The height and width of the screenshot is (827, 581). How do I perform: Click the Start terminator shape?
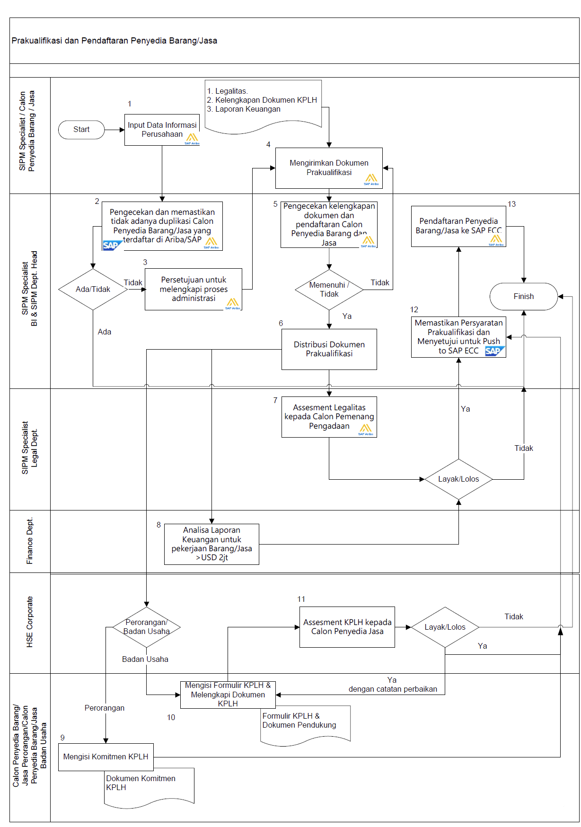pyautogui.click(x=81, y=130)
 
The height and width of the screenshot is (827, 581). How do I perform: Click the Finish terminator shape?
pyautogui.click(x=523, y=297)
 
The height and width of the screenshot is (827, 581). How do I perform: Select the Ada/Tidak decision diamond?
pyautogui.click(x=93, y=290)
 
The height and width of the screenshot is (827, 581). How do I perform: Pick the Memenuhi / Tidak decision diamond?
pyautogui.click(x=329, y=290)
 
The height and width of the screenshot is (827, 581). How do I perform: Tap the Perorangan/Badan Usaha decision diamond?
pyautogui.click(x=146, y=627)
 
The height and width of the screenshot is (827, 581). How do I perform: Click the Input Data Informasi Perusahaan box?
pyautogui.click(x=162, y=130)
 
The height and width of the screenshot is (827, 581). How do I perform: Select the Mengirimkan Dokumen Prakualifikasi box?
pyautogui.click(x=329, y=168)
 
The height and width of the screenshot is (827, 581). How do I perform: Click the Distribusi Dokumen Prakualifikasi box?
pyautogui.click(x=329, y=349)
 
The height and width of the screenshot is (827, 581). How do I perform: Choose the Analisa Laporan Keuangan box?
pyautogui.click(x=211, y=544)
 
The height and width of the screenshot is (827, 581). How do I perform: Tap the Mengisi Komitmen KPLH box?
pyautogui.click(x=106, y=757)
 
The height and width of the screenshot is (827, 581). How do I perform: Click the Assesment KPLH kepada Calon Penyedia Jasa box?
pyautogui.click(x=347, y=627)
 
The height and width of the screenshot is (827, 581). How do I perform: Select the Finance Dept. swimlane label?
pyautogui.click(x=30, y=541)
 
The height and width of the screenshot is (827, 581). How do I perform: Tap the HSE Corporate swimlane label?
pyautogui.click(x=30, y=622)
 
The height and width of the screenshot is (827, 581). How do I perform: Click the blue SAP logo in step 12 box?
pyautogui.click(x=494, y=351)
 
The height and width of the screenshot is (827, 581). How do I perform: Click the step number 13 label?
pyautogui.click(x=511, y=204)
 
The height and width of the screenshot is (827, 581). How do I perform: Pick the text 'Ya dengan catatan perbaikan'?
pyautogui.click(x=392, y=685)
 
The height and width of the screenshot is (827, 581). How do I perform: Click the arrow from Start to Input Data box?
pyautogui.click(x=114, y=130)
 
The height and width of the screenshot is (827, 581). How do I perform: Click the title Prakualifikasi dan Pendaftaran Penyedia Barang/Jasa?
pyautogui.click(x=114, y=41)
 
